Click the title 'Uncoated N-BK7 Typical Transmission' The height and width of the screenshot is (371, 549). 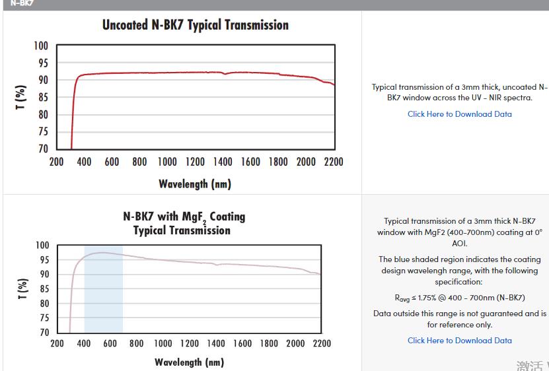click(196, 25)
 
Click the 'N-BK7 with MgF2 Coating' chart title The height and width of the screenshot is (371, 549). click(184, 217)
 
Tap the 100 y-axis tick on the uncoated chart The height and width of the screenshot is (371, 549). click(41, 46)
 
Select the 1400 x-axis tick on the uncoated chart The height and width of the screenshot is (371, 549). click(223, 162)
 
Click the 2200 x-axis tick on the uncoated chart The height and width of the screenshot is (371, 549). click(332, 162)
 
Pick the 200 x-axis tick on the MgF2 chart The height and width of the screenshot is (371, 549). click(57, 343)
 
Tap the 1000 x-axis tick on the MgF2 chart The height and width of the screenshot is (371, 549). click(163, 343)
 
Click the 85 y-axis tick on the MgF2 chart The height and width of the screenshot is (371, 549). click(42, 288)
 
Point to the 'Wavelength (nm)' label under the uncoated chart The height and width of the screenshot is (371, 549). click(195, 184)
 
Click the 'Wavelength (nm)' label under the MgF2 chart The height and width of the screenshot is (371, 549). click(189, 362)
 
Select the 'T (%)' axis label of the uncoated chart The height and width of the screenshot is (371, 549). click(22, 98)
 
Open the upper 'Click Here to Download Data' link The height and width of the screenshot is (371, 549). click(459, 114)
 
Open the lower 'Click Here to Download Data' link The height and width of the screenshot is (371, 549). click(459, 341)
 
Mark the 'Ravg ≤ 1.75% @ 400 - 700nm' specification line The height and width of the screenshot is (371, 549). click(460, 298)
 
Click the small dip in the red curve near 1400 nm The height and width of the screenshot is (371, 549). click(225, 74)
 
